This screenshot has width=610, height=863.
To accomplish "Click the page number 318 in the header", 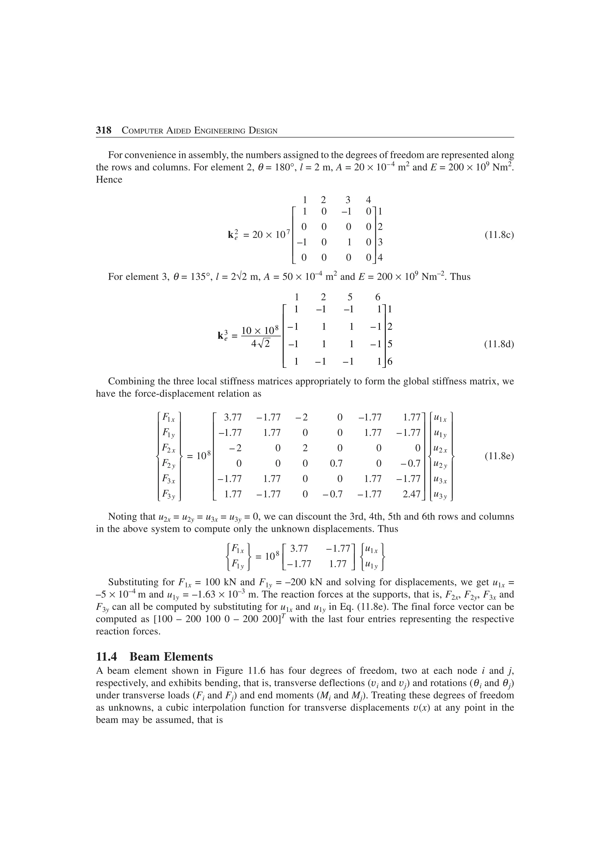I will (104, 130).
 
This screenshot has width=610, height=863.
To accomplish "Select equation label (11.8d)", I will (499, 344).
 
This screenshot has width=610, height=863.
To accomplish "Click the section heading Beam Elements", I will (171, 657).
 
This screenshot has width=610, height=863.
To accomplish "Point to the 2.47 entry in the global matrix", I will (411, 494).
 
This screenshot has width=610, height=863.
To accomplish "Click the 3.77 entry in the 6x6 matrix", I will (233, 417).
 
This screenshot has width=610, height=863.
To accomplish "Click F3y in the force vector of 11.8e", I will (169, 495).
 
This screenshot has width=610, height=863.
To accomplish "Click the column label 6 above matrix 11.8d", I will (378, 297).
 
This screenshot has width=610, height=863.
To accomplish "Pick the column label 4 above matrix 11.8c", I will (368, 200).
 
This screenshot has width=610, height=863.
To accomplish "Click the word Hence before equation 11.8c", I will (109, 180).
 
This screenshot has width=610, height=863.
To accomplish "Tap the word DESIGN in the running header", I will (263, 131).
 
